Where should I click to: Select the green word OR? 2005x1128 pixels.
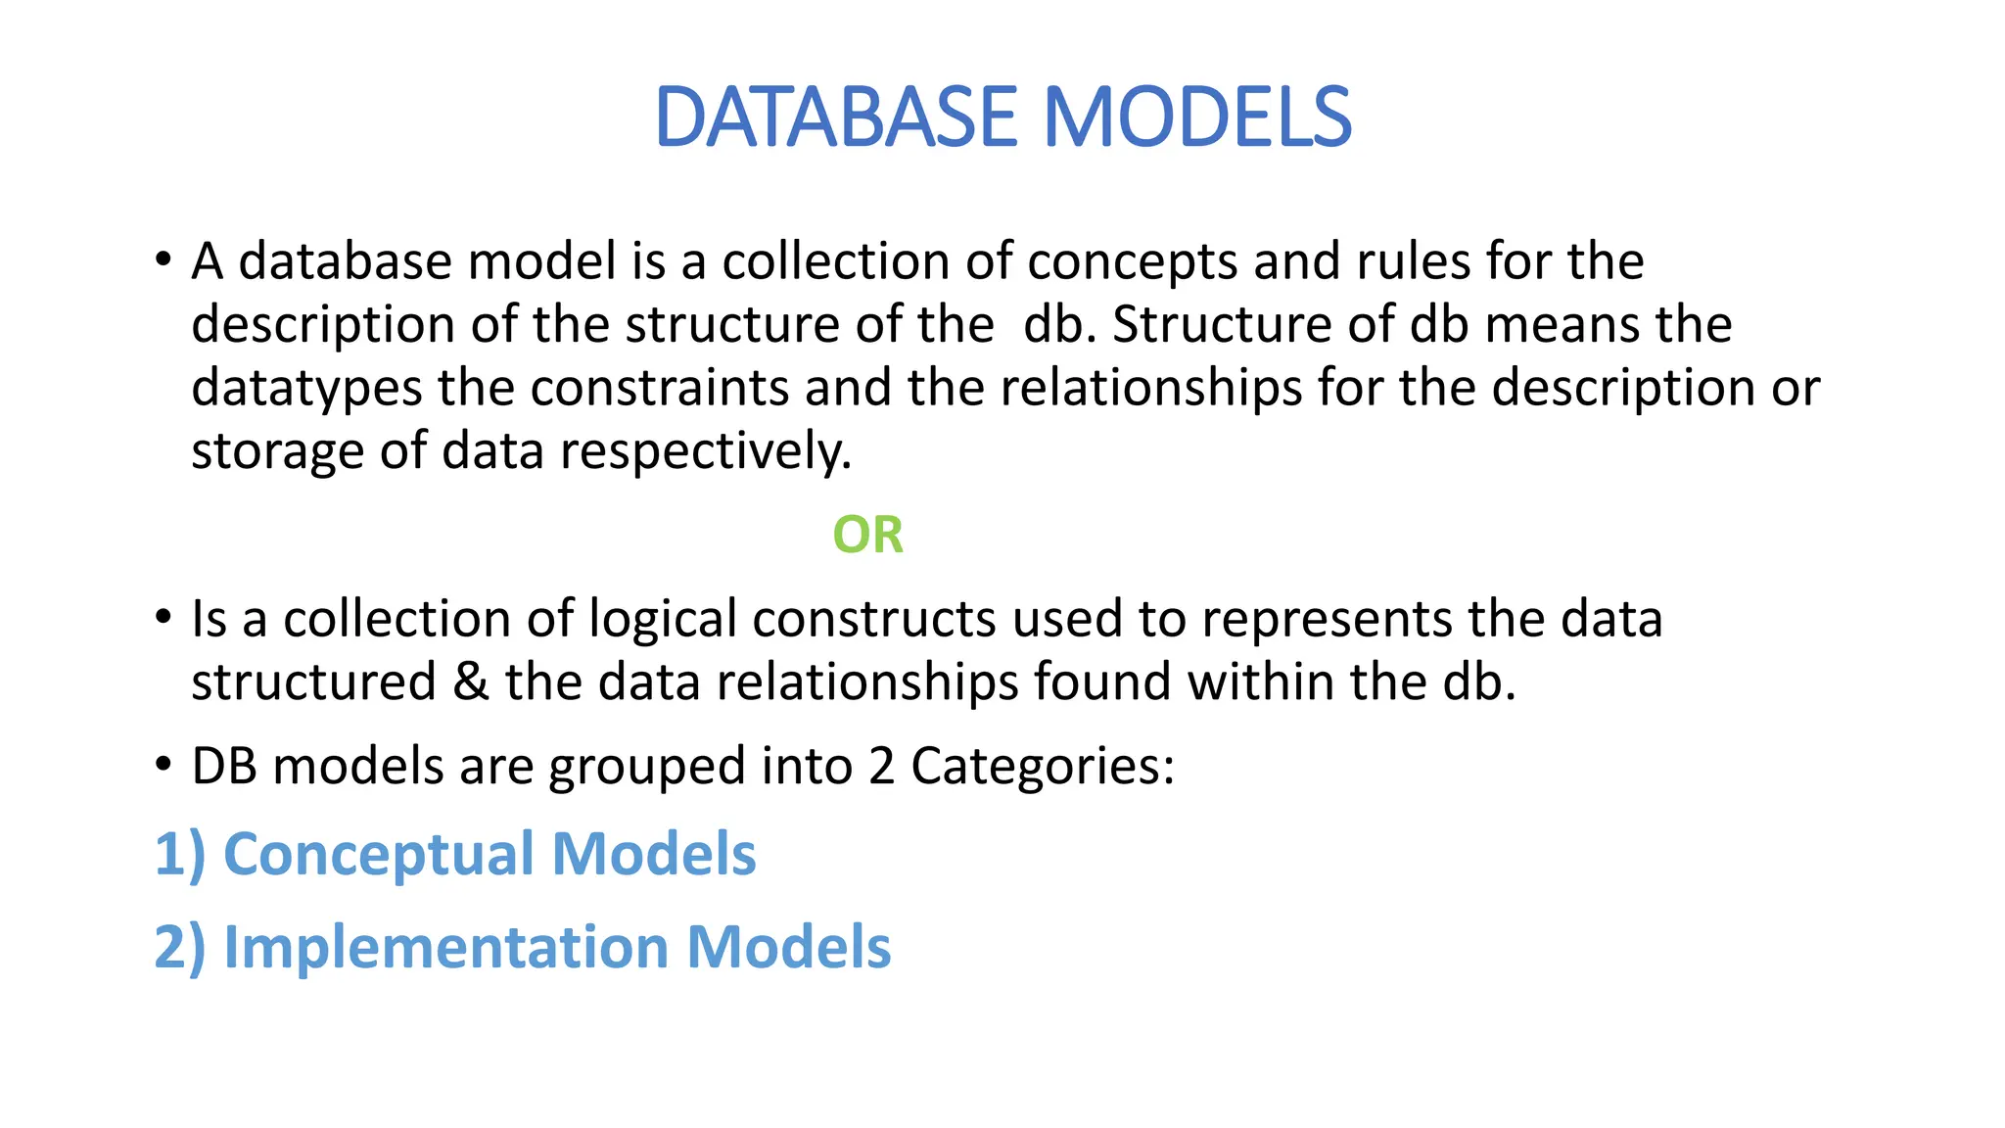pos(867,535)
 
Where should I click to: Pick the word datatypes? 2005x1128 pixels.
pos(306,389)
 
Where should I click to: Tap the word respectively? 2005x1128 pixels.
pos(706,452)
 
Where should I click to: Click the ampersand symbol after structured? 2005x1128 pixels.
pos(471,681)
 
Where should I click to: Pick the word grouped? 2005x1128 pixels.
pos(646,767)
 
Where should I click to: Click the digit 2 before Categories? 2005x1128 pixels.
pos(881,766)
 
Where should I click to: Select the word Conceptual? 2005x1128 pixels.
pos(379,855)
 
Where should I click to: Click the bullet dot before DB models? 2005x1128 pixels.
pos(163,764)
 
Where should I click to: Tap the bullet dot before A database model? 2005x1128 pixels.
pos(163,260)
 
